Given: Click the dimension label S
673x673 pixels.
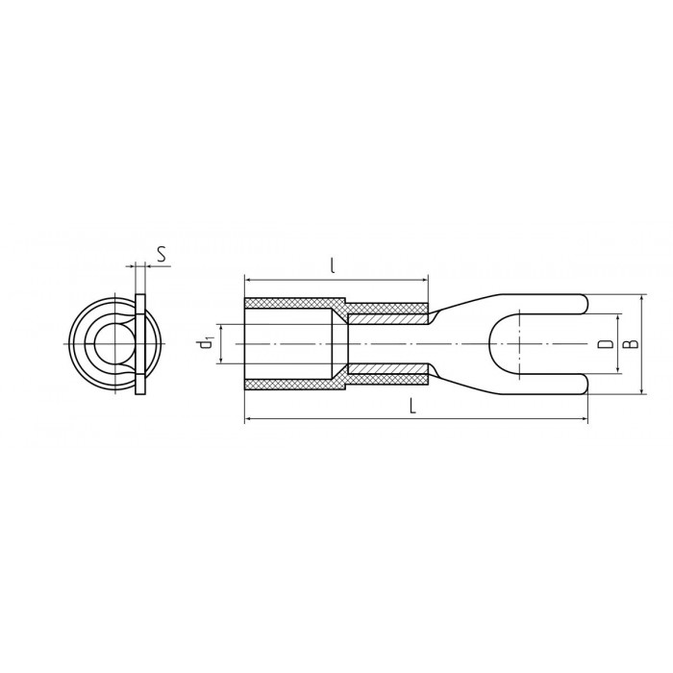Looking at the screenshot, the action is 161,255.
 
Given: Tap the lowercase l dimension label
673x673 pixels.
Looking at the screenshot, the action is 333,266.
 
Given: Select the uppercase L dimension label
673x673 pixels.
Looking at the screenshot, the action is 412,406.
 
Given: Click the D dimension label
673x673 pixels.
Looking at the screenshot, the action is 606,344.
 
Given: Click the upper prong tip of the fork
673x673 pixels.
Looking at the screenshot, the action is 587,304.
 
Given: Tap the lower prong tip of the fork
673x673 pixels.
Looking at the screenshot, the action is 587,384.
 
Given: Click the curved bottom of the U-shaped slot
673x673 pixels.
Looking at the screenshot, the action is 490,344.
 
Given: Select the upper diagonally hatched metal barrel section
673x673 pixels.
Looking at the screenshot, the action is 387,319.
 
